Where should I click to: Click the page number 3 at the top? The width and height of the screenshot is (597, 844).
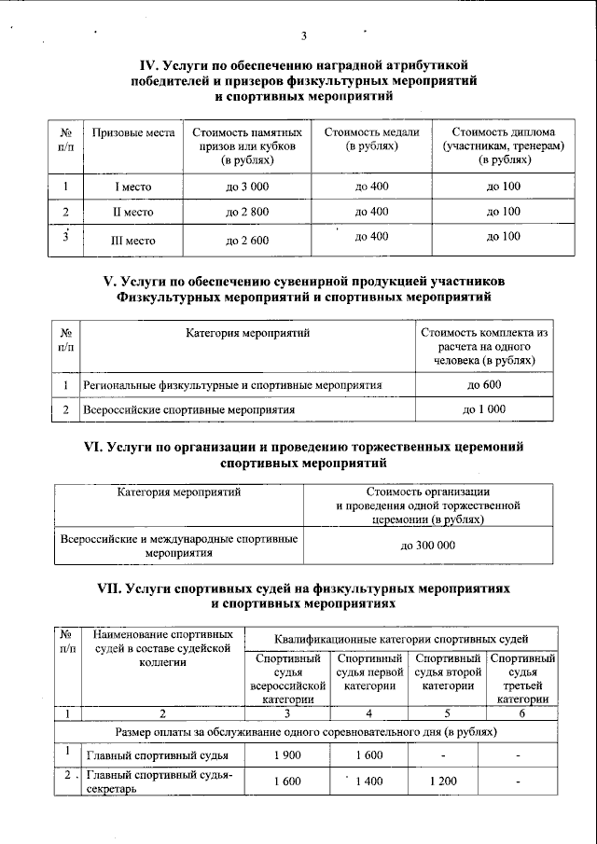pos(303,36)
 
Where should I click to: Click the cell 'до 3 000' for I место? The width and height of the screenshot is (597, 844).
pos(247,187)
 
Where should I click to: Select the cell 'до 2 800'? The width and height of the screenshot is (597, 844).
pos(247,212)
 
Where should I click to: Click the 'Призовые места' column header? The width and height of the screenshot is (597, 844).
pos(133,132)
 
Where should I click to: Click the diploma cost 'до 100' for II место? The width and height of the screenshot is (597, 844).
pos(504,212)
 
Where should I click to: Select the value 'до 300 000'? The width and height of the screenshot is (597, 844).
pos(428,545)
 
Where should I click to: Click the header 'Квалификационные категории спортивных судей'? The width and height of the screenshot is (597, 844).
pos(402,639)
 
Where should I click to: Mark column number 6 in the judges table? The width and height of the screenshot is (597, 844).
pos(521,713)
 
